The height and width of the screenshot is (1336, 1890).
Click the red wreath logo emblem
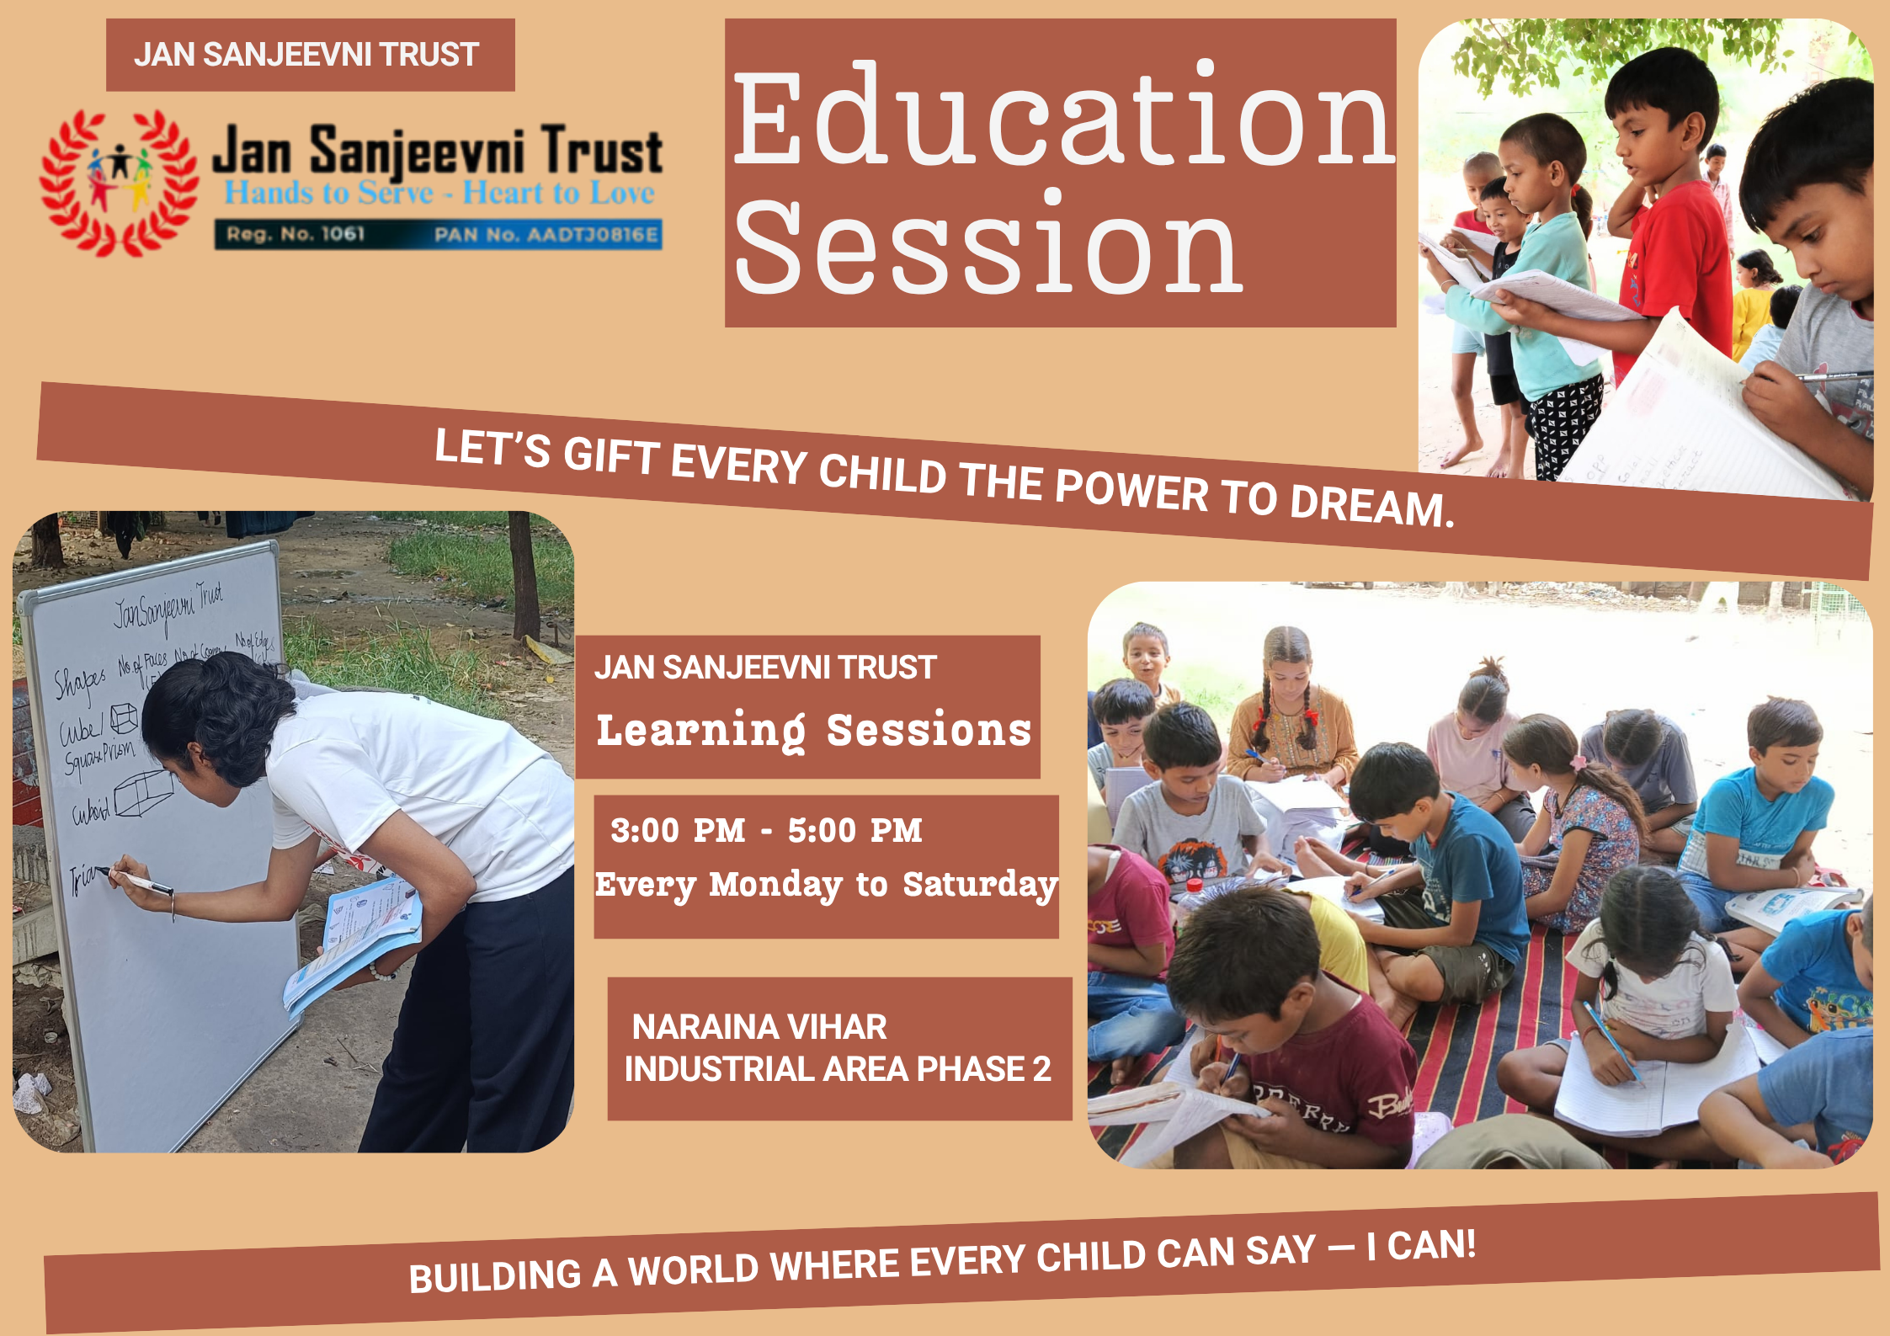coord(119,183)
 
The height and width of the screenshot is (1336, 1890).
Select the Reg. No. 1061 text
coord(295,234)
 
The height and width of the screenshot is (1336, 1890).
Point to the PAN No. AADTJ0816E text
coord(546,235)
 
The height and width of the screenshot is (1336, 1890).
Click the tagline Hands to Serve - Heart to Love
coord(439,193)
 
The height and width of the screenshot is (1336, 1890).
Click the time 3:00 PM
coord(678,831)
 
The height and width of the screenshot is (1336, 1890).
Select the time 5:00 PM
coord(854,831)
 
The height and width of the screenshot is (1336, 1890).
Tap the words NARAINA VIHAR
coord(759,1027)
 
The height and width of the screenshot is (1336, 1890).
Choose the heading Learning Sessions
coord(813,730)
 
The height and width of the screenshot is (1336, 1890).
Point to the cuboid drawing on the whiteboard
coord(143,791)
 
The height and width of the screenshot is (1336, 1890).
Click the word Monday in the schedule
coord(775,885)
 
